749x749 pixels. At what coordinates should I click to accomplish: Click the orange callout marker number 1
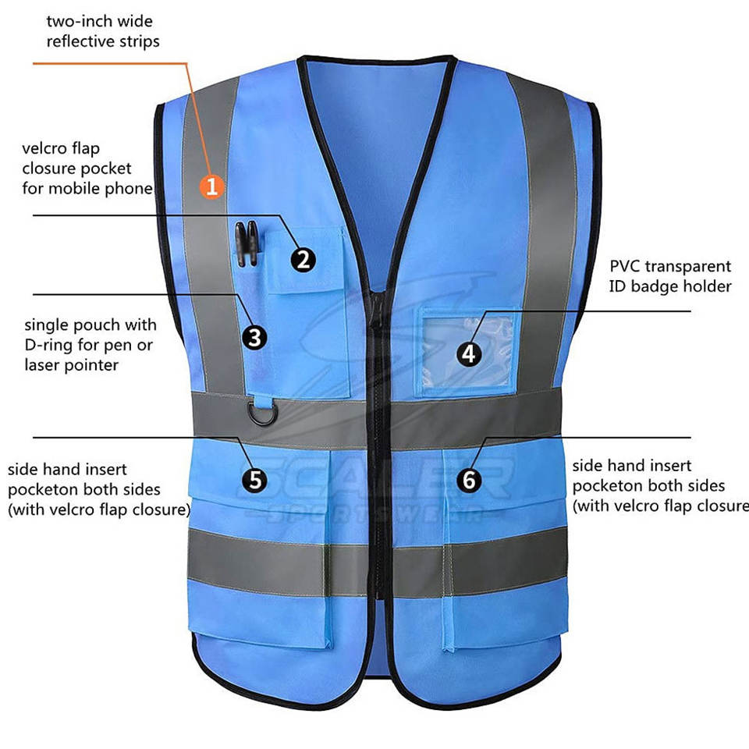point(212,186)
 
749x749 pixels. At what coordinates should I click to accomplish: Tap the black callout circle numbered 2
point(304,258)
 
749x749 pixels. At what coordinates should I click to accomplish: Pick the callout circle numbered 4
point(468,353)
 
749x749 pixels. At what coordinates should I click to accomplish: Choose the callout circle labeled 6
point(468,479)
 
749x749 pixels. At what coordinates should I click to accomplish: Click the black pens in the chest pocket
point(247,243)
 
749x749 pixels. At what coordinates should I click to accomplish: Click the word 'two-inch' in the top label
point(78,21)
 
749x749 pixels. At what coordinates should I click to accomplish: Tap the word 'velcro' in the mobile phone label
point(49,148)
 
